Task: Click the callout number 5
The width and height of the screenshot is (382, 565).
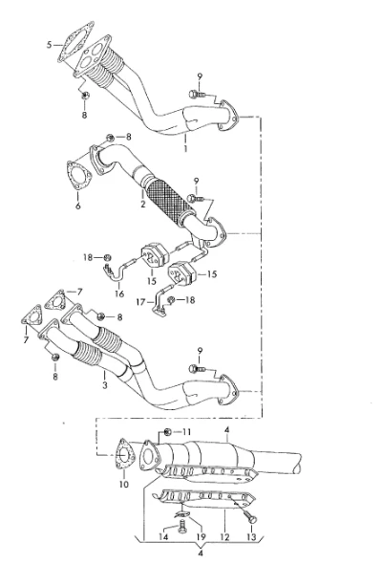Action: (x=50, y=45)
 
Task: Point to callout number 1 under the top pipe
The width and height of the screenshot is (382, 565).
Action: (x=186, y=148)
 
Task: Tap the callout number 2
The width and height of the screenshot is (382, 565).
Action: (x=143, y=205)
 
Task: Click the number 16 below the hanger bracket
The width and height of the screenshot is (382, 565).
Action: (x=119, y=294)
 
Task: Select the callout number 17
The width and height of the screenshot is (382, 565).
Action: (x=140, y=301)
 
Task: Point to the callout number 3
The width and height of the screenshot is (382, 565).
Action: (x=105, y=385)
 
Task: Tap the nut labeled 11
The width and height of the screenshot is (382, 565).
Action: (x=167, y=432)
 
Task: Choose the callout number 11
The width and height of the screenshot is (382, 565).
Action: (x=186, y=432)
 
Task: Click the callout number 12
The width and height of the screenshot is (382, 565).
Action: (x=224, y=537)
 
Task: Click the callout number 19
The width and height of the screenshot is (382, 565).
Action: (x=201, y=537)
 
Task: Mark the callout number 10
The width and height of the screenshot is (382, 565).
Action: (x=123, y=485)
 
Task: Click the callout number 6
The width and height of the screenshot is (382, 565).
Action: (x=78, y=206)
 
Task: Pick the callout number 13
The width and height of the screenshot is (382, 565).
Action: (x=251, y=537)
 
